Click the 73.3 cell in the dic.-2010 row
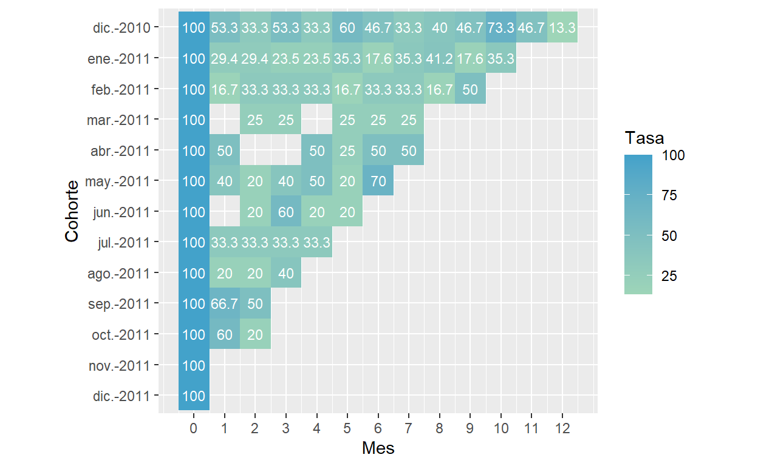pos(501,27)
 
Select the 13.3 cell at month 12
pos(562,27)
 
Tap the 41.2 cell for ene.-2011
pos(440,58)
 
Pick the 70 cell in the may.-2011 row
pos(378,181)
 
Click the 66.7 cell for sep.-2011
pos(225,303)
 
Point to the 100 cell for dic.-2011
pos(194,396)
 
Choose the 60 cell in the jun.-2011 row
pos(286,212)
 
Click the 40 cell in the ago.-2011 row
pos(286,273)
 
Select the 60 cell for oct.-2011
pos(225,334)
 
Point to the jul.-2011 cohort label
pos(123,242)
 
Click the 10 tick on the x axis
pos(501,429)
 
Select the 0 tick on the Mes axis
pos(194,429)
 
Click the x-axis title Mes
pos(378,448)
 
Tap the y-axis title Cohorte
pos(72,211)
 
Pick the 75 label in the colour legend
pos(669,196)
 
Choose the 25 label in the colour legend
pos(669,276)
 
